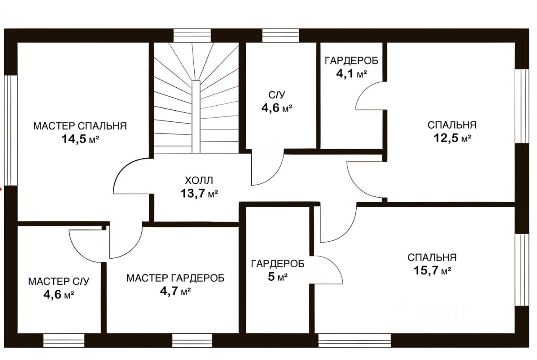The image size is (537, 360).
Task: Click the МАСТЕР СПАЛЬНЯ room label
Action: point(80,126)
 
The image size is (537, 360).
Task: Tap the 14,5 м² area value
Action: point(80,139)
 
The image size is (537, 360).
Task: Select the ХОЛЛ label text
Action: point(199,181)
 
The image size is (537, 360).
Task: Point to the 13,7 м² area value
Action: point(199,194)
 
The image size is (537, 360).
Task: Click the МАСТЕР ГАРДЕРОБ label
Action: point(175,278)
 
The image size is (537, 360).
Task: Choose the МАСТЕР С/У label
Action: point(59,281)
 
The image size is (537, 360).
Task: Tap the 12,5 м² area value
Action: point(452,138)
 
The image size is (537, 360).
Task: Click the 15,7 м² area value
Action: point(432,271)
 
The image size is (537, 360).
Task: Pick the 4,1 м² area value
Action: point(351,74)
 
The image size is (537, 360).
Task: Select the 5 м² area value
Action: point(277,277)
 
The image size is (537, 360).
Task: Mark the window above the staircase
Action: point(192,36)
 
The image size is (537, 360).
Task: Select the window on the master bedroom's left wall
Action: point(10,130)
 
